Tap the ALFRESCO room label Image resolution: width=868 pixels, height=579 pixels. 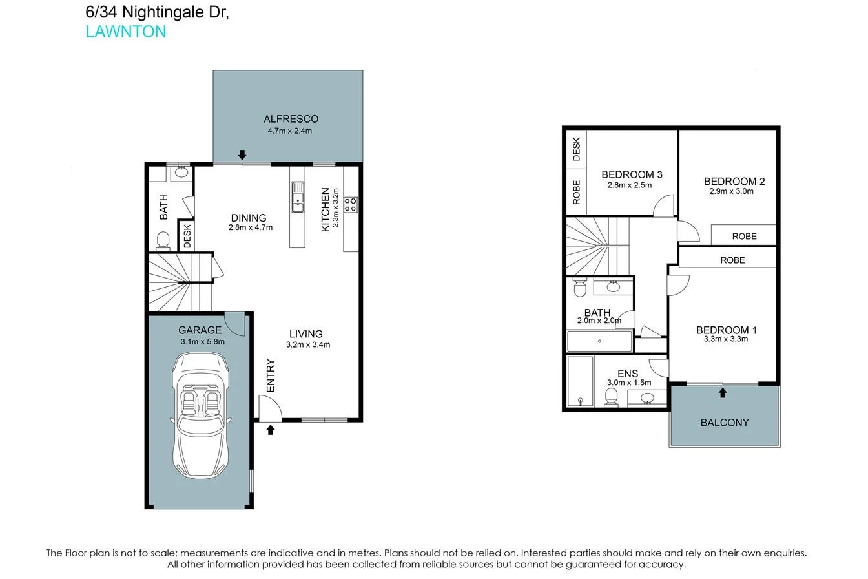point(291,119)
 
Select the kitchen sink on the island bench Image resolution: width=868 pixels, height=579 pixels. point(298,196)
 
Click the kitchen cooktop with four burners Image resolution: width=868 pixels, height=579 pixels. point(350,205)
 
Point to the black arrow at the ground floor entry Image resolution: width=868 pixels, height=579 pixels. point(271,429)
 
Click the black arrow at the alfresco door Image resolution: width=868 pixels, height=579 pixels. point(242,154)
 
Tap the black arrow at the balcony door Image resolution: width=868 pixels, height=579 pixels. point(723,392)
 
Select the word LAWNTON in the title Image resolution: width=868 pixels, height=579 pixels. point(126,32)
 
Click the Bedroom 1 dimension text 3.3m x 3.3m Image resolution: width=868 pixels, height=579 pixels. point(726,339)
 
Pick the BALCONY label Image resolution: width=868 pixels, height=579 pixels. point(725,423)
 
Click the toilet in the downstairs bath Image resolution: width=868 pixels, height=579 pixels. point(163,241)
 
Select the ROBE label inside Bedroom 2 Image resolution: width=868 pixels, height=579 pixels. point(744,237)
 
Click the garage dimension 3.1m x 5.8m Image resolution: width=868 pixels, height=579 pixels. point(202,341)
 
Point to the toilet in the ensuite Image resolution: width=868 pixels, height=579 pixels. point(611,397)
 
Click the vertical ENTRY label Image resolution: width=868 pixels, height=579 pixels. point(271,375)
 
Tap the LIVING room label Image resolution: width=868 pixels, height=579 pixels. point(305,334)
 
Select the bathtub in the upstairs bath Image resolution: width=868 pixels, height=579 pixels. point(599,341)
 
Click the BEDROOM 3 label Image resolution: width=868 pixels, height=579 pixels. point(632,174)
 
